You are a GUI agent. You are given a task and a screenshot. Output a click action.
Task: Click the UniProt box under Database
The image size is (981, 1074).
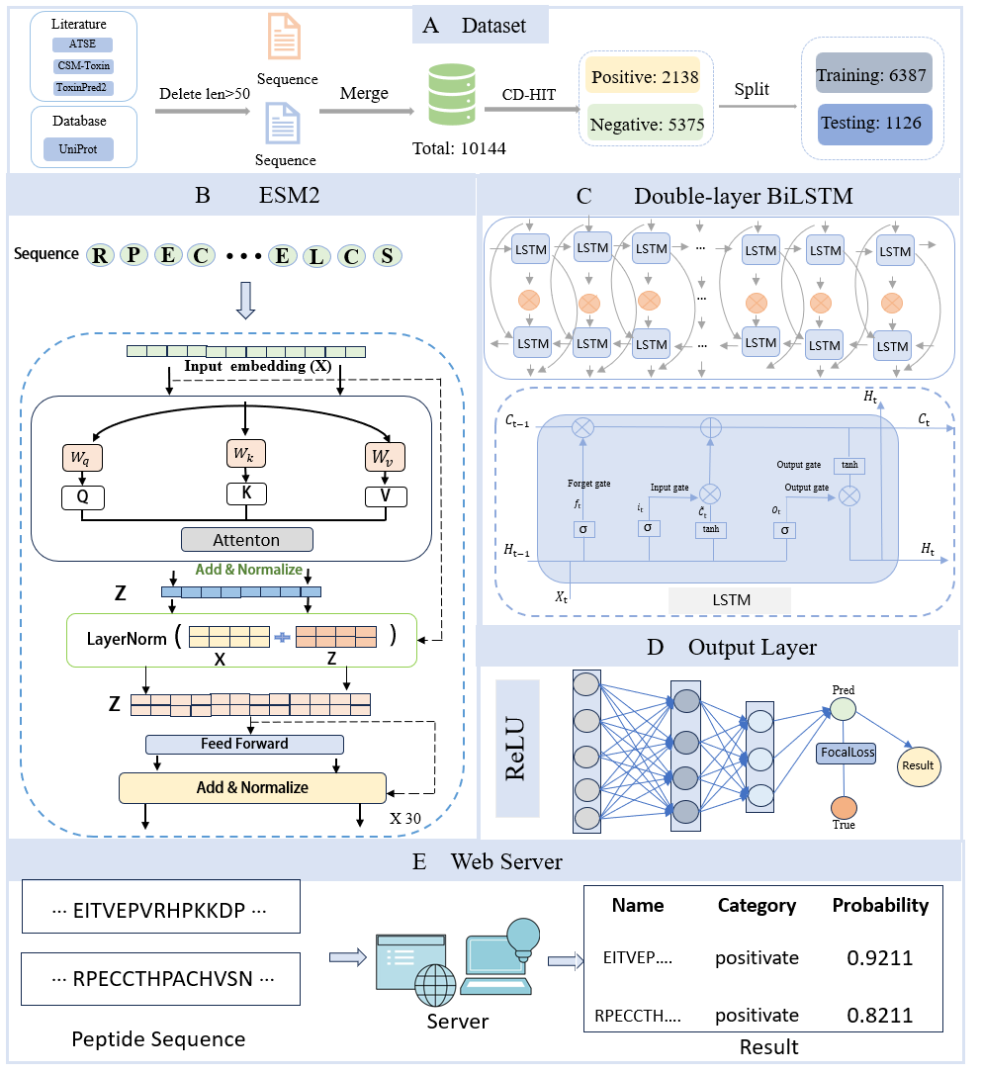click(x=78, y=149)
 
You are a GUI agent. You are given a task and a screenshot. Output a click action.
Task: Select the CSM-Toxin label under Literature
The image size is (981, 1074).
click(x=83, y=65)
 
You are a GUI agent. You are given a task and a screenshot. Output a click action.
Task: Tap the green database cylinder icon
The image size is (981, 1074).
click(x=452, y=95)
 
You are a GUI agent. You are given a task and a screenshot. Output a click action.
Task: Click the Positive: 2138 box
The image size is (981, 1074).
click(x=645, y=77)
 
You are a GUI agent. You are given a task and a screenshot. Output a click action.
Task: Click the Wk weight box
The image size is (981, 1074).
click(x=245, y=454)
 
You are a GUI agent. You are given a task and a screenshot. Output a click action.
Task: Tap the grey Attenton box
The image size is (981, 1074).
click(x=246, y=540)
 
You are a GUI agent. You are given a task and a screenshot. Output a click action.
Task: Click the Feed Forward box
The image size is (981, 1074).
click(x=244, y=744)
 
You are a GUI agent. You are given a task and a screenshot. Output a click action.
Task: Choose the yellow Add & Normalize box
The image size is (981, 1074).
click(x=252, y=787)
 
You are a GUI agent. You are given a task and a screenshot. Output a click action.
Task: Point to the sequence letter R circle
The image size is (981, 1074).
click(x=100, y=255)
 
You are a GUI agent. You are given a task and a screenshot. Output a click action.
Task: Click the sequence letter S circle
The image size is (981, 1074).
click(x=388, y=256)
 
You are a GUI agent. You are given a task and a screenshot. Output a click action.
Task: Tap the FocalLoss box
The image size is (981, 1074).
click(x=847, y=752)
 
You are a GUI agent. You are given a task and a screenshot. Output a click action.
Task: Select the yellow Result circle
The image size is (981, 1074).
click(x=919, y=765)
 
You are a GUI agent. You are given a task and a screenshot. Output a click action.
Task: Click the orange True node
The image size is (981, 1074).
click(x=844, y=808)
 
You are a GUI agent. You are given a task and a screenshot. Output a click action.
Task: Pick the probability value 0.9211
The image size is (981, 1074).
click(x=879, y=957)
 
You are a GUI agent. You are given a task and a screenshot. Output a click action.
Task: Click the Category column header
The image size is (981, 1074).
click(x=757, y=906)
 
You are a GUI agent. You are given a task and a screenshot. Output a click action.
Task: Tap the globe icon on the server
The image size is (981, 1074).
click(x=435, y=985)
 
